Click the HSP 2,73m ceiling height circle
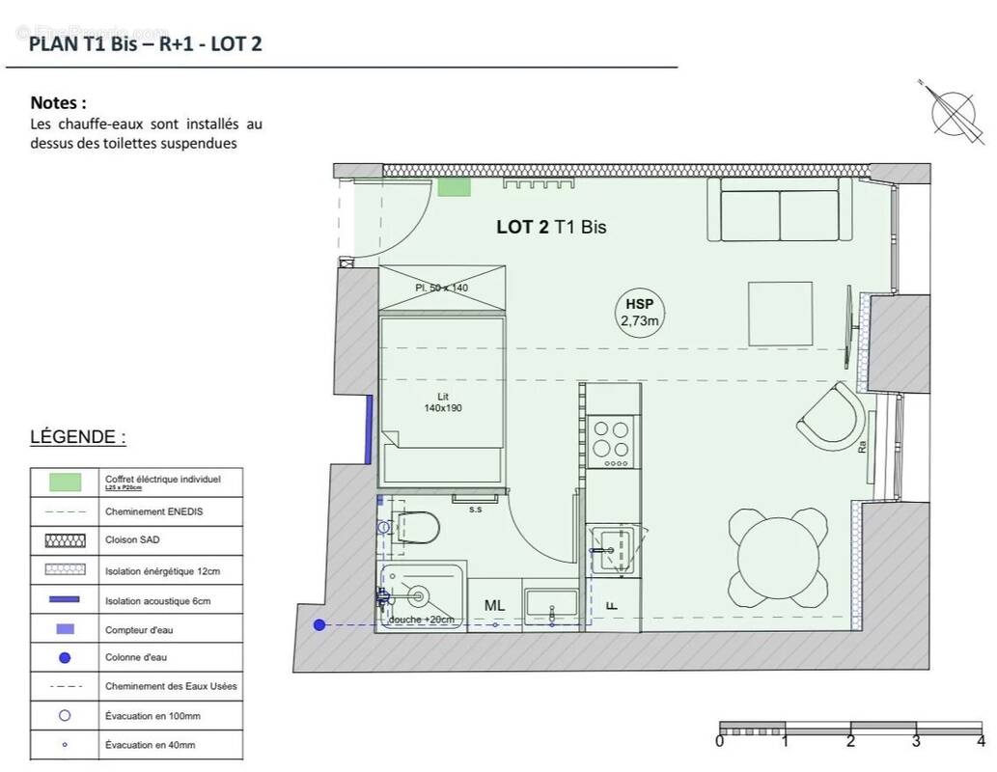(x=641, y=311)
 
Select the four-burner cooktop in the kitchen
(x=612, y=441)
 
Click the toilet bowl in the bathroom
(x=419, y=528)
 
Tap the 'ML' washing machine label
(x=494, y=605)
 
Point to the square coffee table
(x=780, y=313)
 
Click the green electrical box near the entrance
(x=454, y=187)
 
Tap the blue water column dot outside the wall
(x=319, y=625)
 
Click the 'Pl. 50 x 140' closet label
(x=441, y=289)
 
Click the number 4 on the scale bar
(x=981, y=742)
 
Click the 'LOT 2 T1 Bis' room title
(x=550, y=228)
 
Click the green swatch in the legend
(x=65, y=482)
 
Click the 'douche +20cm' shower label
(x=421, y=620)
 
